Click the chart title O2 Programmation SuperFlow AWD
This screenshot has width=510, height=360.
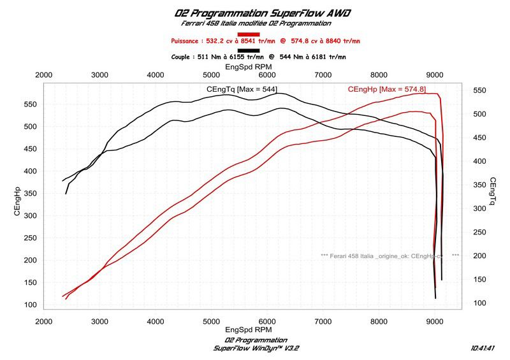coord(255,13)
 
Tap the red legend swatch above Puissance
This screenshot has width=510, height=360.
coord(248,34)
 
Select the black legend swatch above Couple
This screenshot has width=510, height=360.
coord(248,50)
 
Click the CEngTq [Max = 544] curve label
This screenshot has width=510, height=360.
coord(242,90)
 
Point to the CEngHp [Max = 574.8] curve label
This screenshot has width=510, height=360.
coord(386,90)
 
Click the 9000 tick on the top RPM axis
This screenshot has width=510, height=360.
coord(435,75)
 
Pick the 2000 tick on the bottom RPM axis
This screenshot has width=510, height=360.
coord(43,322)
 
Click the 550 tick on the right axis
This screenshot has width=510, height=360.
coord(480,91)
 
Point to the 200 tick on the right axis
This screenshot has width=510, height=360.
coord(480,256)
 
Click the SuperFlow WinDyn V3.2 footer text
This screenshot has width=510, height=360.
coord(256,348)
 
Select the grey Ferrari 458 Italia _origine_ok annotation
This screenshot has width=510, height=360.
coord(389,256)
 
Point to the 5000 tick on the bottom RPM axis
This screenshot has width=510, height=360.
coord(212,322)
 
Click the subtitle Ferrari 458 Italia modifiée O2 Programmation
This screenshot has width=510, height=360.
coord(256,24)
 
